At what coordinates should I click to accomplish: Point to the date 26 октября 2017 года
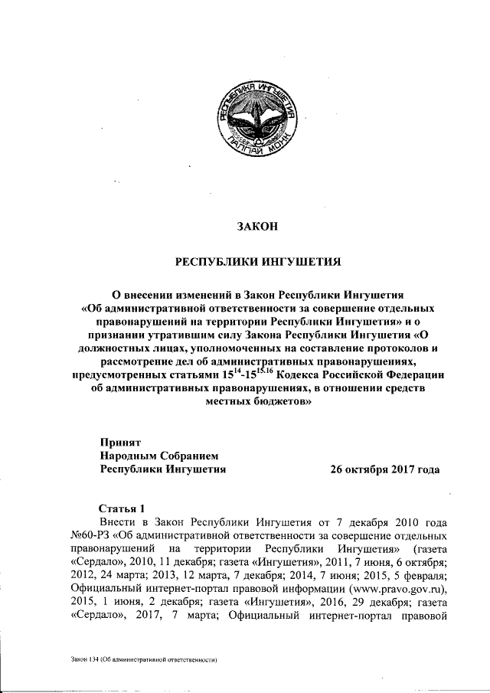(x=385, y=469)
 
